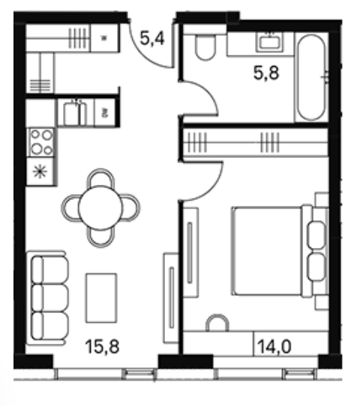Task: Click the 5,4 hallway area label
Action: (x=152, y=39)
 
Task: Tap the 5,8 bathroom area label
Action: (x=266, y=73)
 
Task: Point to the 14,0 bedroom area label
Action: (x=274, y=346)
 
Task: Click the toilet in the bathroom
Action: (x=205, y=47)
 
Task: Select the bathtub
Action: (x=311, y=77)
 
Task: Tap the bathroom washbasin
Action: (x=270, y=42)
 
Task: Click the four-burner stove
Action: (x=41, y=142)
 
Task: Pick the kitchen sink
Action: (x=75, y=113)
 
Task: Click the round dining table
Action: (x=100, y=208)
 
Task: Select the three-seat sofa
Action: (x=48, y=298)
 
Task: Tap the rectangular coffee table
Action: (x=101, y=298)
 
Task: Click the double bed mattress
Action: (x=268, y=251)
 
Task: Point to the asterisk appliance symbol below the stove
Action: (x=40, y=172)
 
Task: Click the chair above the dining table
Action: (x=100, y=178)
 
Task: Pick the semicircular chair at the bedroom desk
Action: (x=217, y=322)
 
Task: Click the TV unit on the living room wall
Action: (x=171, y=298)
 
